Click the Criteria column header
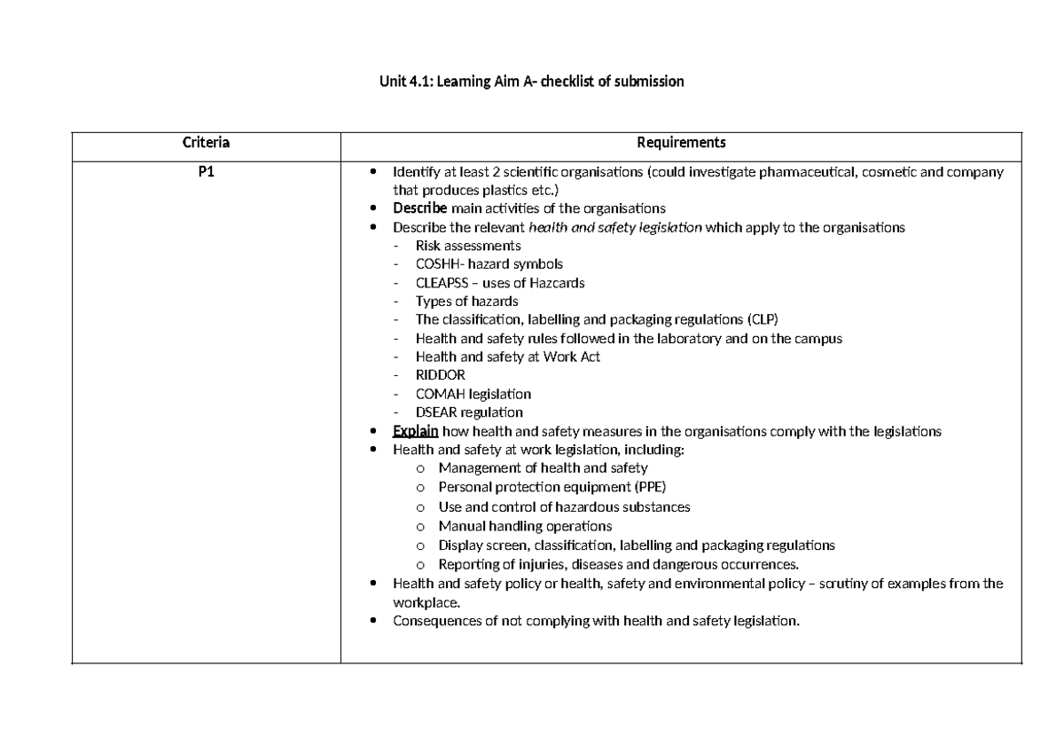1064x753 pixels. click(206, 143)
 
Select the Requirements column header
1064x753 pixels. click(681, 143)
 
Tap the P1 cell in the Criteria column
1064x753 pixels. click(206, 172)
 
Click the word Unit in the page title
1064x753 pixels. click(393, 82)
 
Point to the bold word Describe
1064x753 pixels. click(420, 208)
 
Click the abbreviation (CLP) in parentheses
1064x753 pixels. click(766, 319)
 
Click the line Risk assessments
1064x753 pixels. click(467, 246)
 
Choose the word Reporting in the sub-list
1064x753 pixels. click(466, 564)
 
